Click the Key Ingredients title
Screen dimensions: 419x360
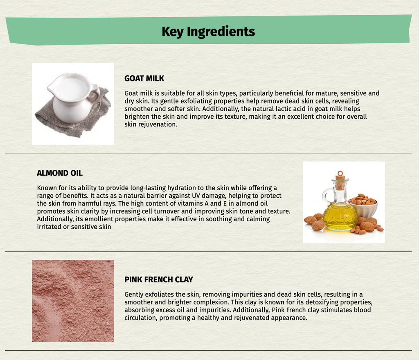208,32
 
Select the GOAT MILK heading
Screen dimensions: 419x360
144,79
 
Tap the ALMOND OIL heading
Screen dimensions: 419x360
60,173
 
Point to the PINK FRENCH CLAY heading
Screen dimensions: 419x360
159,280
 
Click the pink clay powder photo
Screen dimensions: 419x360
73,301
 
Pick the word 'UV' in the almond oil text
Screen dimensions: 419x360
196,196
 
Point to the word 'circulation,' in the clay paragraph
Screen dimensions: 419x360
141,318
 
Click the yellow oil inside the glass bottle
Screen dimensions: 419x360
339,216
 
